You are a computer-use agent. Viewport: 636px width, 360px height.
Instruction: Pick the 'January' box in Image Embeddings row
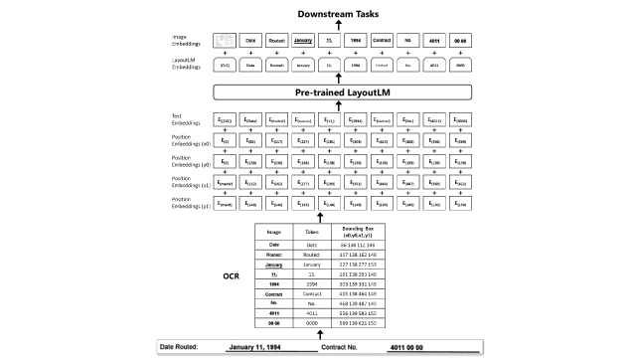303,40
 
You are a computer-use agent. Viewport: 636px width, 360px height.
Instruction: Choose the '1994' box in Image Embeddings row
355,40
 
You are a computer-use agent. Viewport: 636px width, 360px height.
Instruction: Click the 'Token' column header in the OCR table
311,231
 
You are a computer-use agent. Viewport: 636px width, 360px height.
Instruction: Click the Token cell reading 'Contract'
311,295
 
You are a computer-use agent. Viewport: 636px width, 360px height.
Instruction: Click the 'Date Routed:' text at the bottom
185,347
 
